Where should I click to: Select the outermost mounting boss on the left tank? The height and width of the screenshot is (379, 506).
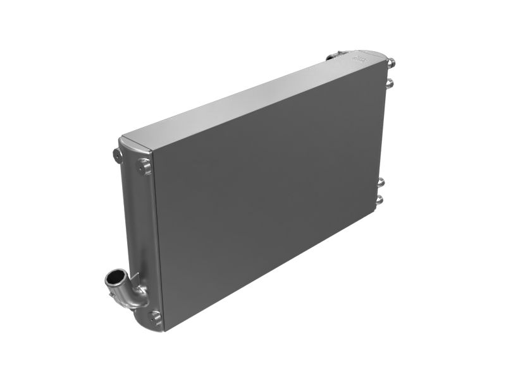[x=118, y=154]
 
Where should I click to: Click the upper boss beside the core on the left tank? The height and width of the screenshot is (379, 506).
[x=145, y=167]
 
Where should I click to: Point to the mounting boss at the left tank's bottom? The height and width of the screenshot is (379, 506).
[x=155, y=316]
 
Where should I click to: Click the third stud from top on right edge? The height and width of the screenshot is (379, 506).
[x=381, y=183]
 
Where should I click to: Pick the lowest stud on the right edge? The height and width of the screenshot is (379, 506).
[x=379, y=200]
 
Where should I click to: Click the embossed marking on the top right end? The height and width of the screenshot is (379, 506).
[x=360, y=59]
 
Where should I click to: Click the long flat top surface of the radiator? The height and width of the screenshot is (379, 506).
[x=253, y=101]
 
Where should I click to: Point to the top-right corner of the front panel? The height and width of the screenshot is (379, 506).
[x=385, y=64]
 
